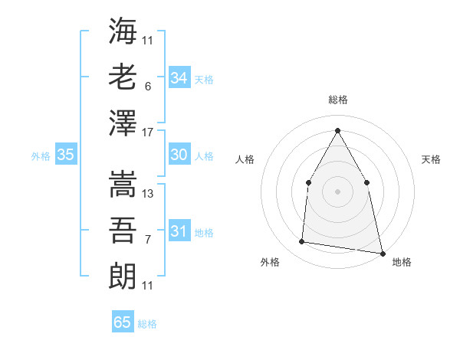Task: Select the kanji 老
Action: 123,77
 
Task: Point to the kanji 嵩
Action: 123,185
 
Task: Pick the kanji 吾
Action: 123,230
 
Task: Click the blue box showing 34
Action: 179,77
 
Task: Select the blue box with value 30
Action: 179,155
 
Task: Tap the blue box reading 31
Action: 179,231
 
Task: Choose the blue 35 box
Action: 66,155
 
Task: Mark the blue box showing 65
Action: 123,322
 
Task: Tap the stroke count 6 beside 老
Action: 147,87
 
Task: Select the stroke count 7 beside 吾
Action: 147,240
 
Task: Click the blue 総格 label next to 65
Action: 147,324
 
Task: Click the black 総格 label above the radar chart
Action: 337,100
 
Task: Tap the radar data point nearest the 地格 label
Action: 381,252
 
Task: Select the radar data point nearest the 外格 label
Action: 302,242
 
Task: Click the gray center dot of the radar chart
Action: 337,191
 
